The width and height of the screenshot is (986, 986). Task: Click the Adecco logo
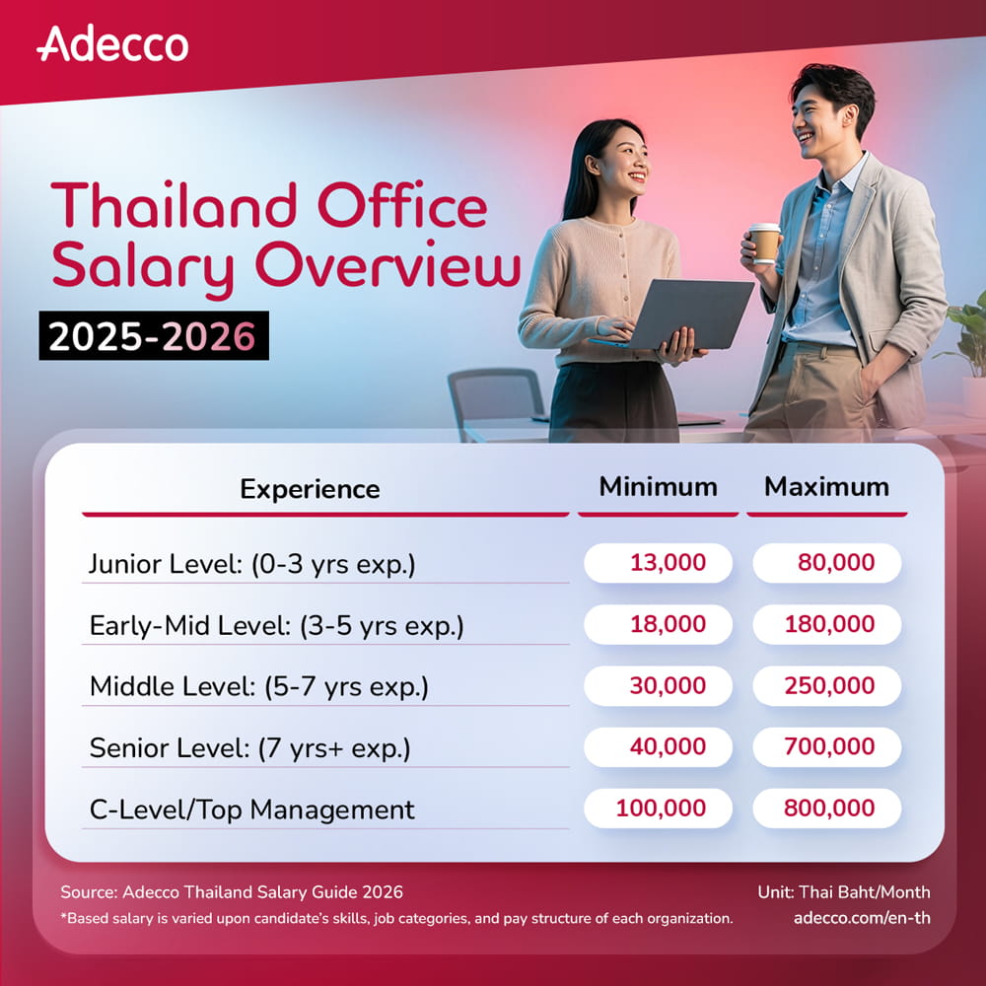pyautogui.click(x=112, y=44)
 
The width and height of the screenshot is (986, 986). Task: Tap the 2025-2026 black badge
pyautogui.click(x=154, y=336)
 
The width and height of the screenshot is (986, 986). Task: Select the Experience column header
pyautogui.click(x=310, y=489)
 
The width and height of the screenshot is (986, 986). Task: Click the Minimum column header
pyautogui.click(x=658, y=487)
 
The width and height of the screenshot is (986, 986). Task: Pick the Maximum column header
pyautogui.click(x=826, y=487)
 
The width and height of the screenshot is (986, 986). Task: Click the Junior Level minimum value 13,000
pyautogui.click(x=658, y=563)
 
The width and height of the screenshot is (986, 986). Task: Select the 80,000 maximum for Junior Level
pyautogui.click(x=827, y=563)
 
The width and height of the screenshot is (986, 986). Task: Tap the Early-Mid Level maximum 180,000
pyautogui.click(x=827, y=624)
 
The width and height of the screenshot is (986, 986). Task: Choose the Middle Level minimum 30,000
pyautogui.click(x=658, y=685)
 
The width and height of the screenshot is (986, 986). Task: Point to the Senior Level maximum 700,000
pyautogui.click(x=827, y=746)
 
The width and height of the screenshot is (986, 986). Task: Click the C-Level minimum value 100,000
pyautogui.click(x=658, y=809)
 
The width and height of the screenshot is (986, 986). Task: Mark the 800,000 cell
pyautogui.click(x=827, y=809)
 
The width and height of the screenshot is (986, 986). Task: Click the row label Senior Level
pyautogui.click(x=170, y=747)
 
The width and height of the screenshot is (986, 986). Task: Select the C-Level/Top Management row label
pyautogui.click(x=252, y=810)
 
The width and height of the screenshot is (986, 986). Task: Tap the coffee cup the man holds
pyautogui.click(x=765, y=244)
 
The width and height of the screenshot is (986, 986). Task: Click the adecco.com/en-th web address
pyautogui.click(x=862, y=918)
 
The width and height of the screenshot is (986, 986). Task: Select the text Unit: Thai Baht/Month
pyautogui.click(x=844, y=891)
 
